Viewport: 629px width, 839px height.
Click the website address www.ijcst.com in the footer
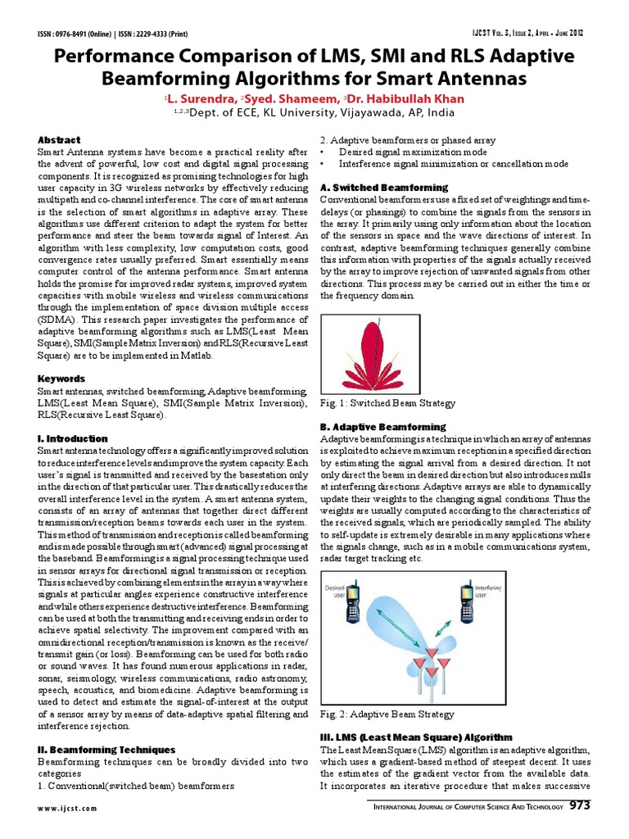click(x=67, y=808)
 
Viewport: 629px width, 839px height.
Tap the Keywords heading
click(x=61, y=379)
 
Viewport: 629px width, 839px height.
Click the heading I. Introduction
click(x=73, y=438)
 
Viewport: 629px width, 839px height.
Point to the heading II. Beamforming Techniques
click(x=106, y=749)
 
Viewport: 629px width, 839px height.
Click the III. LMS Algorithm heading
click(x=416, y=737)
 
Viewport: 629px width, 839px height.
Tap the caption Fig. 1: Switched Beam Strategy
click(x=387, y=403)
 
